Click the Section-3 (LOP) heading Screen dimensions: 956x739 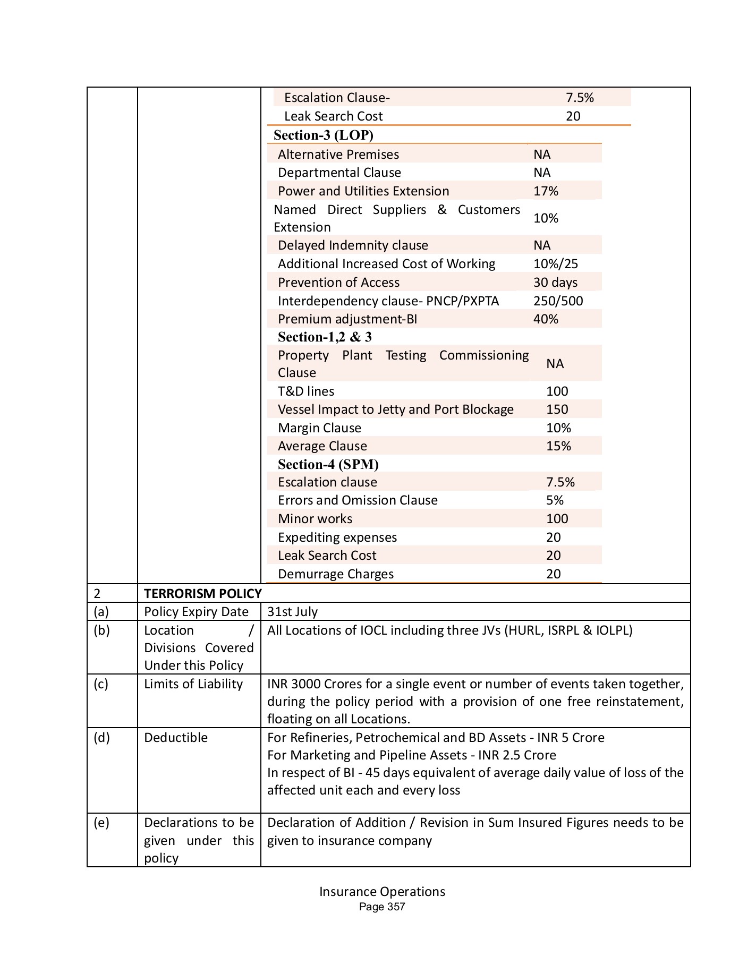[x=323, y=135]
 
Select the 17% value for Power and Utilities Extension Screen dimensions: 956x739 [x=545, y=191]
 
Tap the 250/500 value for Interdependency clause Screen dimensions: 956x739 [x=557, y=301]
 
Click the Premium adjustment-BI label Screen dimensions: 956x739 [x=347, y=319]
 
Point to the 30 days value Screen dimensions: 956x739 [x=555, y=283]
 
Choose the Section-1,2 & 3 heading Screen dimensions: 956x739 [x=325, y=337]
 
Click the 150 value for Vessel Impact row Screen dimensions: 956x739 [x=557, y=409]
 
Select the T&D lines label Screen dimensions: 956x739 [x=305, y=391]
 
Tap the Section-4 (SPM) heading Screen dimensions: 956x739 [x=328, y=465]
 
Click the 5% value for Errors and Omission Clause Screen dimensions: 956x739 [x=555, y=500]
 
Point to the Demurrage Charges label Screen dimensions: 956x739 [x=335, y=574]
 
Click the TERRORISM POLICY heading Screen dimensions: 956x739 [x=202, y=593]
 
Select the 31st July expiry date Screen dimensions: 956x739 [x=292, y=612]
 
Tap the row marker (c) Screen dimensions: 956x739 [x=100, y=684]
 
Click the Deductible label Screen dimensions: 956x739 [x=175, y=738]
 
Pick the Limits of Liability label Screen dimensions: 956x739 [x=193, y=684]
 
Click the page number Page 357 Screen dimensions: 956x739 [x=381, y=907]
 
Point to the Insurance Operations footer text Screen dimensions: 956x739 [x=381, y=892]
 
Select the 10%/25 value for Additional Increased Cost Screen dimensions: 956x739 [x=555, y=264]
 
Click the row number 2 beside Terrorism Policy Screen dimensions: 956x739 [x=97, y=593]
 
